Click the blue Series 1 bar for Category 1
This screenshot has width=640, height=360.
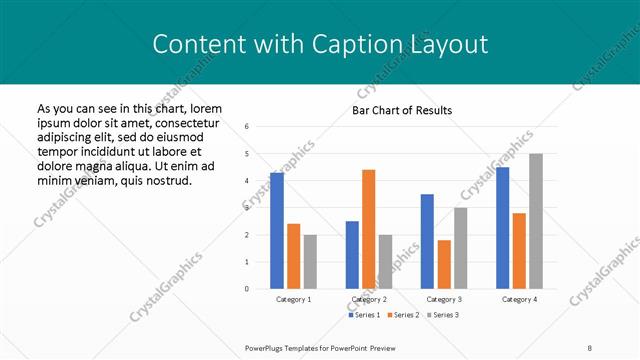(277, 231)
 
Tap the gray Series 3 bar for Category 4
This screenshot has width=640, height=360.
(536, 221)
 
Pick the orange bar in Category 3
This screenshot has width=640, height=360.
(444, 264)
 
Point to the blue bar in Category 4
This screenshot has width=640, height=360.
(502, 228)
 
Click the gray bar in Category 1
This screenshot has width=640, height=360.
(310, 262)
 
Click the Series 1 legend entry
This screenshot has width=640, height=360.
(364, 315)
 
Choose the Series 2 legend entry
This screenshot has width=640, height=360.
(403, 315)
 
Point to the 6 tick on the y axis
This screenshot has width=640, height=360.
(247, 126)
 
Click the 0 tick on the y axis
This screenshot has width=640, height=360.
(247, 289)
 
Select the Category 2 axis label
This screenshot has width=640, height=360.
(369, 299)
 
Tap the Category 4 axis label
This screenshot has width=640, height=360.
(519, 299)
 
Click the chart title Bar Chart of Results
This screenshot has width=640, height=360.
(402, 110)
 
